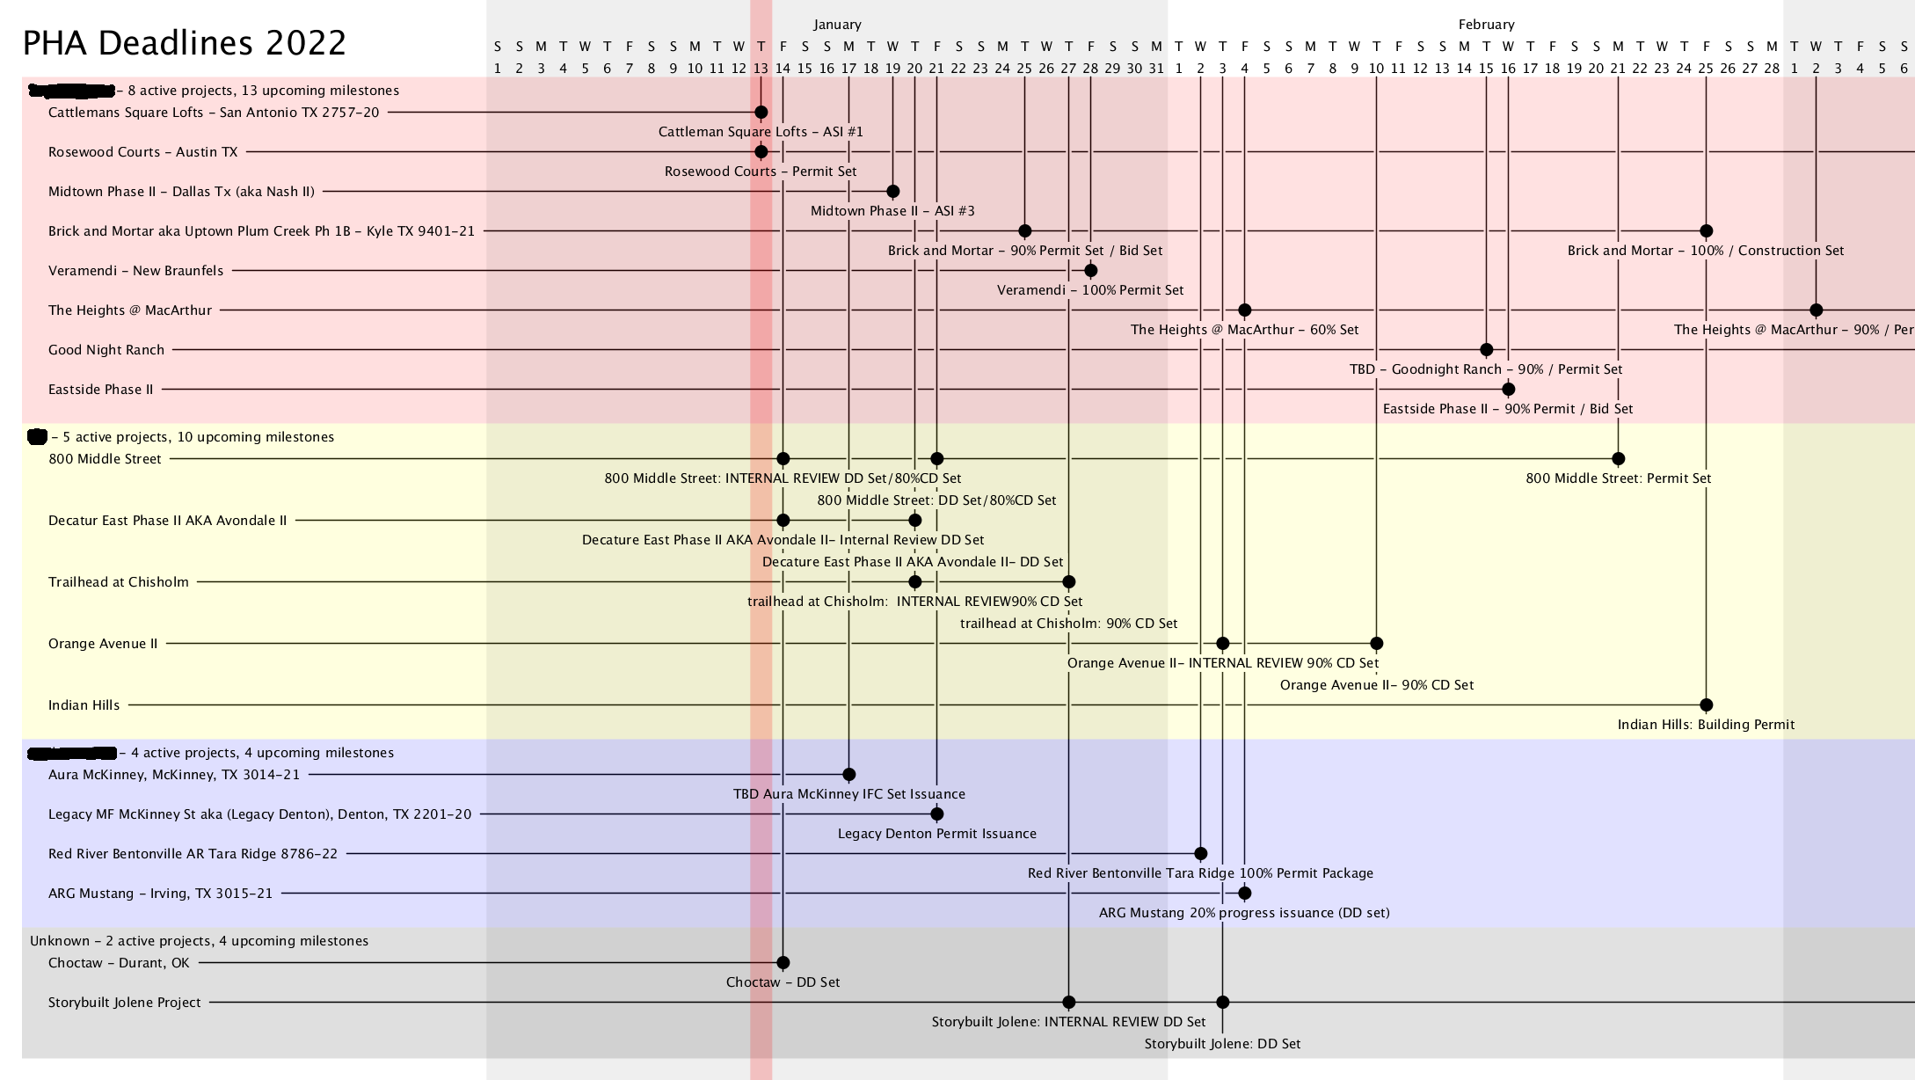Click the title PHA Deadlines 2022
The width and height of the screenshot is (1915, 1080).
point(185,43)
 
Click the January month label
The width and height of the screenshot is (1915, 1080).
point(837,25)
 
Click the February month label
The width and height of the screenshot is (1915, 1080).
point(1486,25)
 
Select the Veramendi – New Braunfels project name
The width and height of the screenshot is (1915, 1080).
point(135,271)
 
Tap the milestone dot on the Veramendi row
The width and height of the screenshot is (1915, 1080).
point(1090,271)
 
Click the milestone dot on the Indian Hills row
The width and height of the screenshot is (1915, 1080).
point(1706,705)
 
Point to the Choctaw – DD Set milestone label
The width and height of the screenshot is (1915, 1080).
point(783,982)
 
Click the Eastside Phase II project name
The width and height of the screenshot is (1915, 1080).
point(100,390)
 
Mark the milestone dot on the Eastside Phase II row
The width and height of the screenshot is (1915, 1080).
point(1508,390)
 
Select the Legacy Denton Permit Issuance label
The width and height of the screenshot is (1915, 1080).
point(936,834)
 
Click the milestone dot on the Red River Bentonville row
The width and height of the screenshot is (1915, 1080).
point(1200,854)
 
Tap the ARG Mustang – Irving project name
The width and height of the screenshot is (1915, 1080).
point(160,894)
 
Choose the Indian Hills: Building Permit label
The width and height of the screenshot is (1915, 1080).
point(1706,725)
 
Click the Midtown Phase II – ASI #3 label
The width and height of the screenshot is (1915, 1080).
point(892,211)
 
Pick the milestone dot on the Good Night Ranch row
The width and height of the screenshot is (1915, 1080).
point(1486,350)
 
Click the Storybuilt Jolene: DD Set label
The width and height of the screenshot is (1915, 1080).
point(1222,1044)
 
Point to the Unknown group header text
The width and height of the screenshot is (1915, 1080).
point(199,941)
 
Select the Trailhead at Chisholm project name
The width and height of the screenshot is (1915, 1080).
point(119,582)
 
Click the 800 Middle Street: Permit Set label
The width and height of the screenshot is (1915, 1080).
point(1618,478)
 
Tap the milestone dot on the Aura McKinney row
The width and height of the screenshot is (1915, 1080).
point(848,775)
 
